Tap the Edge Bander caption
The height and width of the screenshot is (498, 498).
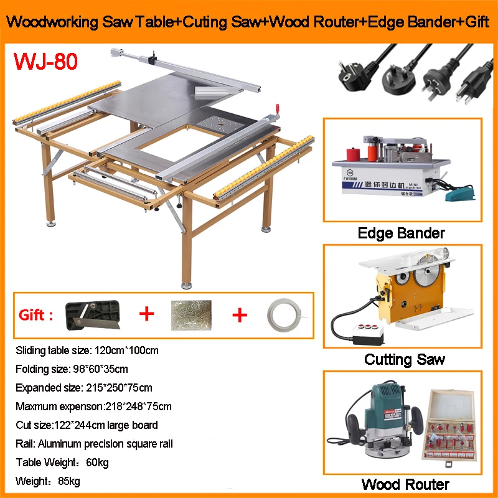402,233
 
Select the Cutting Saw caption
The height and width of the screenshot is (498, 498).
405,359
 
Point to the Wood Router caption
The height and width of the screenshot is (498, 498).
405,484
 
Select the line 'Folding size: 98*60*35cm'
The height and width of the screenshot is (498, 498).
72,369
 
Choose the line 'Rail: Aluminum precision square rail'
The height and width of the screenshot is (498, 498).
94,444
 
